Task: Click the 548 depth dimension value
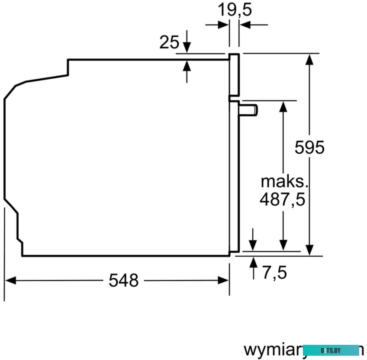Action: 123,280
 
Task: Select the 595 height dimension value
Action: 309,148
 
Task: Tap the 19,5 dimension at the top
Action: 234,9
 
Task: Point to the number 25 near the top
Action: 169,42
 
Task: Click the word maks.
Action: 282,180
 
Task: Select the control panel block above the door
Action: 234,74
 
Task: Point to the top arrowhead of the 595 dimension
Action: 309,59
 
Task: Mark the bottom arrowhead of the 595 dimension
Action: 309,250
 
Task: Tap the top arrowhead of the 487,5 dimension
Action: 283,106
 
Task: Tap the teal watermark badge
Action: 331,350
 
